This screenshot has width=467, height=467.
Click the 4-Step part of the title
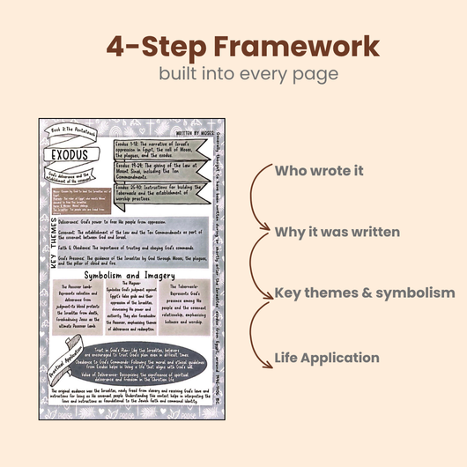(147, 45)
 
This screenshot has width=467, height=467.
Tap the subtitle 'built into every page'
(233, 74)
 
